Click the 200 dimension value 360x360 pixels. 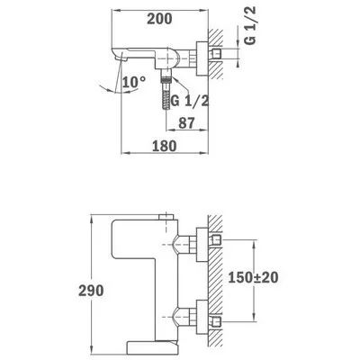click(159, 19)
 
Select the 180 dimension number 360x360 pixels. click(164, 146)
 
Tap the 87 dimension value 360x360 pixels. click(186, 122)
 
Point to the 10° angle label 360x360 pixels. click(134, 82)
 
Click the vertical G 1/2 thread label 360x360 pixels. click(249, 26)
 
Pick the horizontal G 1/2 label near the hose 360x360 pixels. click(190, 102)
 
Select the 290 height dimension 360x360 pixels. click(91, 291)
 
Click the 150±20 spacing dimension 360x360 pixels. click(253, 277)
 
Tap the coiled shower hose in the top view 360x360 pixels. click(166, 95)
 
